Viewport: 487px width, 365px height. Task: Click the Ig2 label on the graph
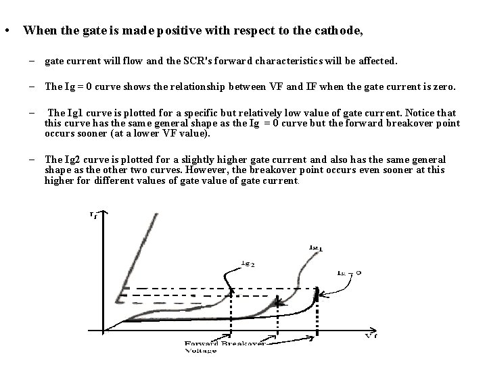[x=229, y=264]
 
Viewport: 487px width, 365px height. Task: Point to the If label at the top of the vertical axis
[x=93, y=215]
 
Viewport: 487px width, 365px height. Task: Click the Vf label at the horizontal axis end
[x=371, y=335]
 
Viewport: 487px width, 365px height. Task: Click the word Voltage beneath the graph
[x=202, y=351]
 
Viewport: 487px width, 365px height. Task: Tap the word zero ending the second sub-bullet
[x=446, y=87]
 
